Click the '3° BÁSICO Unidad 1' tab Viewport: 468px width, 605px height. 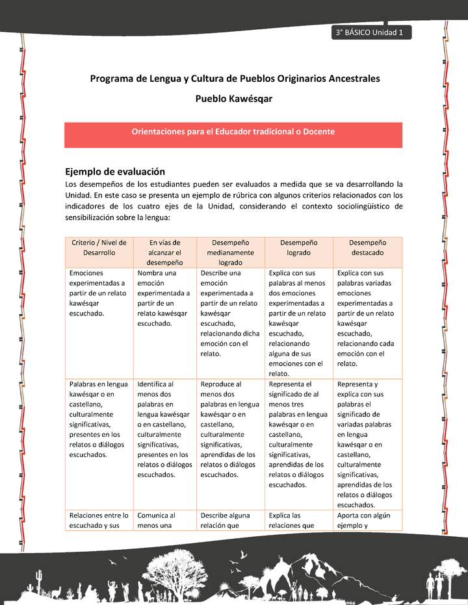369,32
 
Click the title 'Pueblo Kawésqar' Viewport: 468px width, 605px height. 233,99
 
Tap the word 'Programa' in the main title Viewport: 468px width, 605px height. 112,79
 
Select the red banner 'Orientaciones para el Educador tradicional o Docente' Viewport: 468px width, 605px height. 233,132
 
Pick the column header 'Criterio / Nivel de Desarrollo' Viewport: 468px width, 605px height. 99,247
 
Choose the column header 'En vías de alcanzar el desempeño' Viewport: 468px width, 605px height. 164,253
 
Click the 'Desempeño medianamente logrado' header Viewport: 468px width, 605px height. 231,253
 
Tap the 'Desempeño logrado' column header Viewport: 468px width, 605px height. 299,247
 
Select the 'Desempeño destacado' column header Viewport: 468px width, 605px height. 367,247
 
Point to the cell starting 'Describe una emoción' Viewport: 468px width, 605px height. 231,313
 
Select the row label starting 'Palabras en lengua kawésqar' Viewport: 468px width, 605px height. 99,419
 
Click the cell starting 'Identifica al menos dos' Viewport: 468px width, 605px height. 164,429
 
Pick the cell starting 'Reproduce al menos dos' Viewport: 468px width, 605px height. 231,429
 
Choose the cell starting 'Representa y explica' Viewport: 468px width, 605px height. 367,444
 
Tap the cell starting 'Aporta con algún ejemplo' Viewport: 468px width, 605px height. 367,520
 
